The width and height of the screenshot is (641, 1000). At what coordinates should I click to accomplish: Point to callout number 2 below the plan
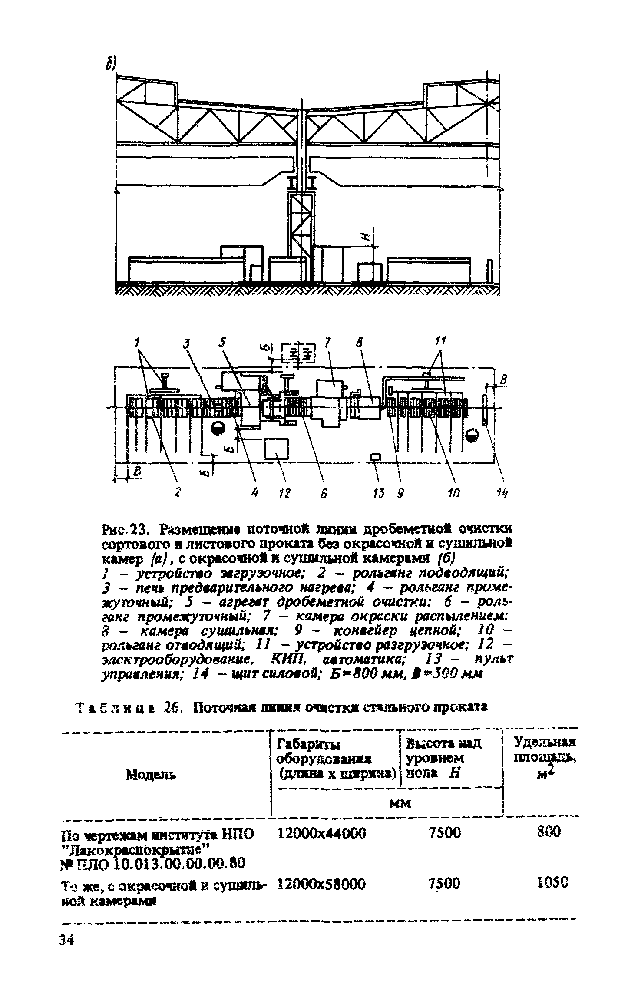(x=178, y=493)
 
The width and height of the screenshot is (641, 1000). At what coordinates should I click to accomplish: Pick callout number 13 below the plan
(x=379, y=493)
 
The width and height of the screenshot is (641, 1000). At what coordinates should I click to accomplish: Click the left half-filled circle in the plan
(x=217, y=429)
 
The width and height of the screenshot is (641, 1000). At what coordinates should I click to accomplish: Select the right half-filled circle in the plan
(x=472, y=433)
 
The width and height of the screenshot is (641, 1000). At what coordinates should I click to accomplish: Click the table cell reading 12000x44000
(x=321, y=833)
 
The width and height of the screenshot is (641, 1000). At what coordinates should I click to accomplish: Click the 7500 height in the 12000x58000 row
(x=444, y=884)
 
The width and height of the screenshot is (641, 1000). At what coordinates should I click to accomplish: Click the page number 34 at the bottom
(x=67, y=940)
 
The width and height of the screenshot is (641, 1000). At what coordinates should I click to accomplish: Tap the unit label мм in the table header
(x=400, y=804)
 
